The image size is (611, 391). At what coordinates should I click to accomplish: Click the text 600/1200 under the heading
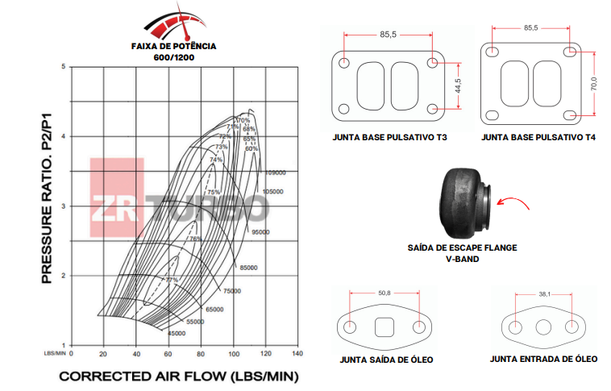coord(173,58)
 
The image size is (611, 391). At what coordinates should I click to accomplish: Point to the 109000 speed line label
coord(276,173)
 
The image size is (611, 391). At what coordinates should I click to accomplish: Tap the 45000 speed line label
coord(175,333)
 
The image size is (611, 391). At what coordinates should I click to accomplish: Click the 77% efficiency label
coord(172,279)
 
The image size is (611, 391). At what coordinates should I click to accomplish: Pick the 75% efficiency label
coord(214,192)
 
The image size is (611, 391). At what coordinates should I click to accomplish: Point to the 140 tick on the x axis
coord(297,353)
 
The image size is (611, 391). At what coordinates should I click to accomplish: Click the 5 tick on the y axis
coord(64,66)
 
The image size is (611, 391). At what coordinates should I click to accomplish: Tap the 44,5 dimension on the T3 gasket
coord(457,86)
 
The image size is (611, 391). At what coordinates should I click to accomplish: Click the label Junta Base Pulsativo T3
coord(389,138)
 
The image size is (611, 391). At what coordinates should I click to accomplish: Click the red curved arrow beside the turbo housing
coord(513,205)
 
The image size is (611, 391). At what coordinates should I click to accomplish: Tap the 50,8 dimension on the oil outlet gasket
coord(383,293)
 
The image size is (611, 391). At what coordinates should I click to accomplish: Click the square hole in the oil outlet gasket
coord(384,327)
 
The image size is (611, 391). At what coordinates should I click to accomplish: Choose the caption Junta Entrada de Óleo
coord(544,359)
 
